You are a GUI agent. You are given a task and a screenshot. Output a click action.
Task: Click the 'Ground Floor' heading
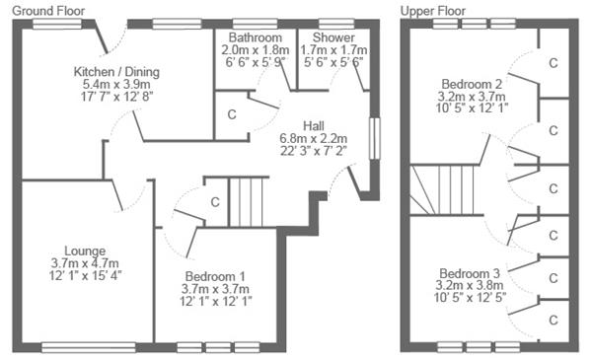pyautogui.click(x=48, y=11)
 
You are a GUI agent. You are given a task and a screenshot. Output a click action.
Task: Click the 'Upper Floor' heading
pyautogui.click(x=433, y=11)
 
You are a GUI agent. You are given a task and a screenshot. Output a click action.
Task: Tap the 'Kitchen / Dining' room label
pyautogui.click(x=116, y=72)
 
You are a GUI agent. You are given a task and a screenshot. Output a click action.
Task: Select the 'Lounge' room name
pyautogui.click(x=85, y=251)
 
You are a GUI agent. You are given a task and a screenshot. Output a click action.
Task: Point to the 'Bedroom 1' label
pyautogui.click(x=215, y=276)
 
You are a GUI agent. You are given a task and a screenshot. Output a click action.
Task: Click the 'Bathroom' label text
pyautogui.click(x=256, y=37)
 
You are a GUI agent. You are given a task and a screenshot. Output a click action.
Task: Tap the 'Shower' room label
pyautogui.click(x=333, y=37)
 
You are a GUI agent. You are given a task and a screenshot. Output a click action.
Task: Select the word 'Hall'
pyautogui.click(x=314, y=126)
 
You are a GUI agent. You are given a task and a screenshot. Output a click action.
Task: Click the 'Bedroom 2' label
pyautogui.click(x=472, y=84)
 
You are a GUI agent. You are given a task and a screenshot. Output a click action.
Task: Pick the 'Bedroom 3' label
pyautogui.click(x=470, y=273)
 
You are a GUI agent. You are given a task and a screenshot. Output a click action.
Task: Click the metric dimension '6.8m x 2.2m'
pyautogui.click(x=314, y=138)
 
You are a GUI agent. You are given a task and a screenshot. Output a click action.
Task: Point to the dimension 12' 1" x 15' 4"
pyautogui.click(x=85, y=275)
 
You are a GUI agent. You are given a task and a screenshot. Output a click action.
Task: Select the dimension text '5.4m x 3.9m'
pyautogui.click(x=116, y=84)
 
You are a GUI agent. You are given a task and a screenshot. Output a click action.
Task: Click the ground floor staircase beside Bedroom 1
pyautogui.click(x=246, y=202)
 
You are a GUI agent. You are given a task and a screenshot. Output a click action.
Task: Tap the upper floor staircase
pyautogui.click(x=442, y=189)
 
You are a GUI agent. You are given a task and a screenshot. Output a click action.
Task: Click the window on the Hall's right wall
pyautogui.click(x=374, y=138)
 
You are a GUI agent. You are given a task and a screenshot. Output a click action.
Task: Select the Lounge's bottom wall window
pyautogui.click(x=89, y=347)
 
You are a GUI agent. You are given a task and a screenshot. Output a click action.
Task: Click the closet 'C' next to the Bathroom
pyautogui.click(x=232, y=114)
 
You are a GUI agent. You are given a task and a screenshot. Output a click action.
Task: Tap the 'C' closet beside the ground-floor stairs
pyautogui.click(x=215, y=202)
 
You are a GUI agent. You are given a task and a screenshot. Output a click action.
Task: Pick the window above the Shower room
pyautogui.click(x=336, y=24)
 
